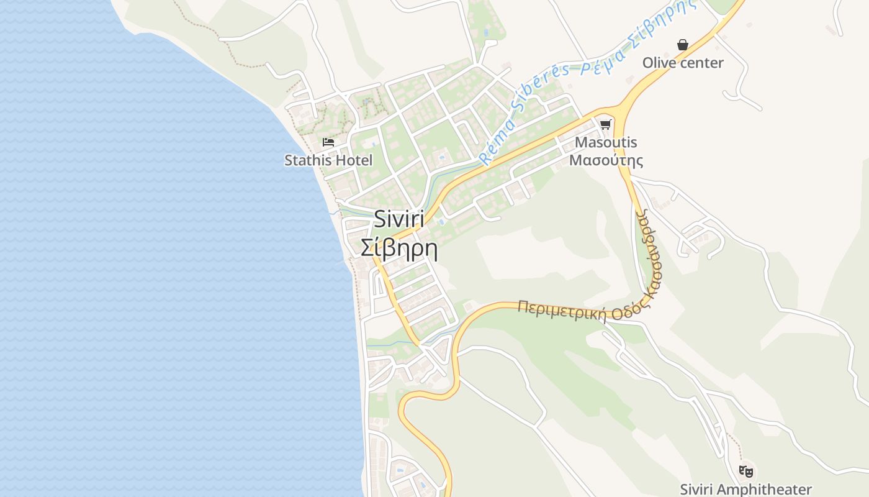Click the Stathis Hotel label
[328, 160]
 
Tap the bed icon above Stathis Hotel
[328, 142]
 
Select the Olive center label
[683, 63]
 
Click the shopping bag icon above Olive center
[683, 45]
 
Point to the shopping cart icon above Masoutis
[606, 124]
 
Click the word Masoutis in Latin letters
[606, 142]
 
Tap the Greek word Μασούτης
[606, 160]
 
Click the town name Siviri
[399, 219]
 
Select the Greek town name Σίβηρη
[399, 248]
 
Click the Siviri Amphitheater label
[745, 490]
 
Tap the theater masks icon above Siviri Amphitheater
[745, 471]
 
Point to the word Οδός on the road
[627, 312]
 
